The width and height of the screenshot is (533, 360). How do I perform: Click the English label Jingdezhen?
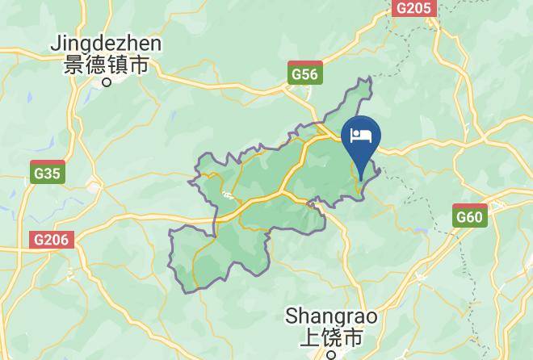coord(107,44)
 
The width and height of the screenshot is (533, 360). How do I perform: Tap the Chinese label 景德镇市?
coord(107,65)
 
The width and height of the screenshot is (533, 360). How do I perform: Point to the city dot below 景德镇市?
coord(107,82)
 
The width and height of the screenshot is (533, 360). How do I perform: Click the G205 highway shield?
coord(414,7)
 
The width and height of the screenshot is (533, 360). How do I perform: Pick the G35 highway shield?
coord(48,171)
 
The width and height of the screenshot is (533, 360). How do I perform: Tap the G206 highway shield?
coord(53,240)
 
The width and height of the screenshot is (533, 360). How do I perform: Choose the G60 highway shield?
coord(469,215)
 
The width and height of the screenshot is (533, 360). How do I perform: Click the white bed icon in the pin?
coord(362,134)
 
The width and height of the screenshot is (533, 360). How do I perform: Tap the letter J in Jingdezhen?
coord(57,43)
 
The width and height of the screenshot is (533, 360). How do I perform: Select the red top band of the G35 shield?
coord(48,164)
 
